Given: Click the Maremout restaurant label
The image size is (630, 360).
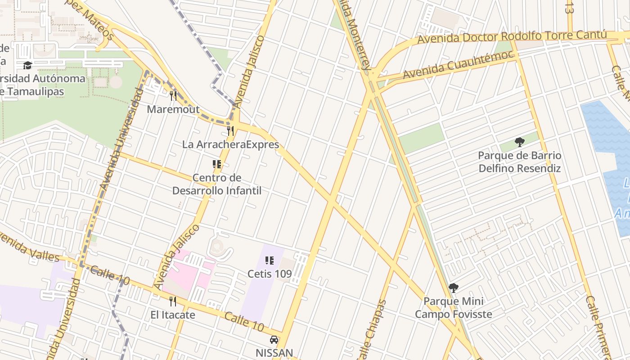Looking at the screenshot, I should point(173,109).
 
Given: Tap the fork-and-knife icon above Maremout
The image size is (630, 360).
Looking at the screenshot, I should point(173,95).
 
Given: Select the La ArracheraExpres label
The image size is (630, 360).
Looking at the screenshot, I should point(230,144).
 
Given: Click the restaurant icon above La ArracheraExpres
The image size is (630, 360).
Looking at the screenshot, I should point(230,130).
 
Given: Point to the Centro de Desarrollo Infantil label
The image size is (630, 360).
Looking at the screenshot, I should point(217,184).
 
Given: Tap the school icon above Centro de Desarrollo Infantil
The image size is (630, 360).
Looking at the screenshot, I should point(217,164).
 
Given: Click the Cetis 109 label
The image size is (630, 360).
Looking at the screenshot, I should point(270,274).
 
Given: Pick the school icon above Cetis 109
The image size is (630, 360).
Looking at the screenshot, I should point(270,260).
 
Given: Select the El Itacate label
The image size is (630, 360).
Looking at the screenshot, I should point(173,315).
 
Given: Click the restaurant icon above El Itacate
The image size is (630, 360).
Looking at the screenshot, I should point(173,301).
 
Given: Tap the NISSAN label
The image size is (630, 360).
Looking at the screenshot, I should point(274,353).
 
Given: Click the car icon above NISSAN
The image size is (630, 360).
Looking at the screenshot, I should point(274,340).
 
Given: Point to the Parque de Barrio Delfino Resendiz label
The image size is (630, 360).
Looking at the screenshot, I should point(519,162).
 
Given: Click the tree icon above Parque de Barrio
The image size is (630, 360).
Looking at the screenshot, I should point(520,143).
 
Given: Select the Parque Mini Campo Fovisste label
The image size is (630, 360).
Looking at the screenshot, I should point(453,308).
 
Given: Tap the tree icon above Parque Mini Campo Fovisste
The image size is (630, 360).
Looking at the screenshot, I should point(454,288).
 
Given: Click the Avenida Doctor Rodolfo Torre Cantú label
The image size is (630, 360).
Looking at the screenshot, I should point(512,37).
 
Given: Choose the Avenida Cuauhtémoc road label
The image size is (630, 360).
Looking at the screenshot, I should point(458,65).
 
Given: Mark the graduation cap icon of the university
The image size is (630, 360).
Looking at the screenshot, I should point(27,66).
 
